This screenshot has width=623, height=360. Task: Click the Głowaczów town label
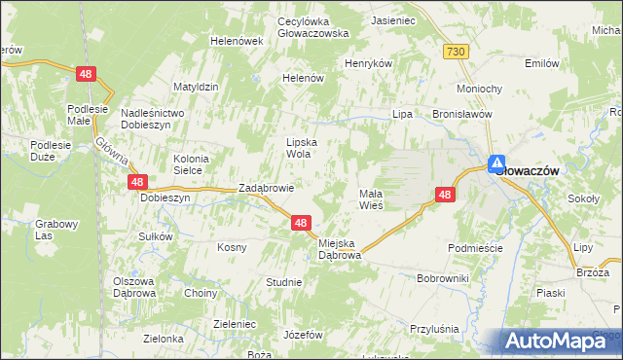pos(531,169)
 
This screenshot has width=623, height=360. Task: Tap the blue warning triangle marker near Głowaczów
pos(496,164)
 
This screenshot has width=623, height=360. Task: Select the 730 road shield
pos(456,51)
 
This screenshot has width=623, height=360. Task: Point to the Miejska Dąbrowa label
pos(340,248)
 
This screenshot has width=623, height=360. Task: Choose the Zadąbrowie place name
pos(267,189)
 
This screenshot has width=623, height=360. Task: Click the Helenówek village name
pos(238,41)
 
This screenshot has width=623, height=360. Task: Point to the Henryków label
pos(368,63)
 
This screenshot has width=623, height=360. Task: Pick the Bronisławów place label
pos(462,113)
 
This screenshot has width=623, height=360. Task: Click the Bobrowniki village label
pos(443,278)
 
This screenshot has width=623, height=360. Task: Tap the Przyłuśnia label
pos(434,329)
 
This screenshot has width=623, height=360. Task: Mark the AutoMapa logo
pos(560,341)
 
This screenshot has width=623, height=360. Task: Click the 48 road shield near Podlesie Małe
pos(88,73)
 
